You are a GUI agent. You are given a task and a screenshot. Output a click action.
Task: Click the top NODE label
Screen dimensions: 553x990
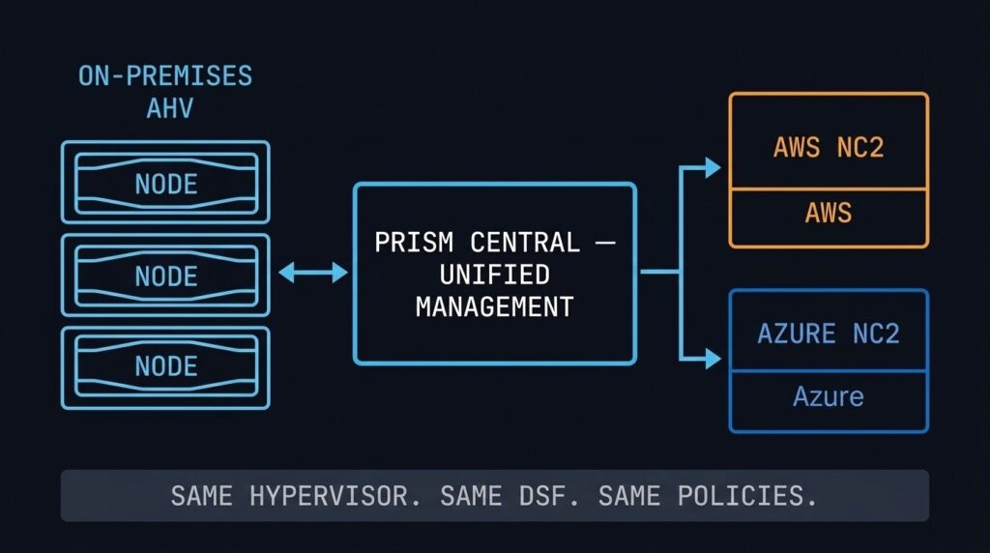[x=165, y=184]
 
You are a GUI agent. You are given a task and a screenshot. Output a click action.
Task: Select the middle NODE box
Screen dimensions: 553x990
[x=165, y=276]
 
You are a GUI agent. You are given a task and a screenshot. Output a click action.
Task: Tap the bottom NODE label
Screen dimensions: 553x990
[x=165, y=366]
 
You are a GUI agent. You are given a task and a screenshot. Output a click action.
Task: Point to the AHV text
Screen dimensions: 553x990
[x=169, y=108]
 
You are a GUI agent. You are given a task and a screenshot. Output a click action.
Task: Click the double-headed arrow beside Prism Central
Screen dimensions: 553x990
[x=312, y=274]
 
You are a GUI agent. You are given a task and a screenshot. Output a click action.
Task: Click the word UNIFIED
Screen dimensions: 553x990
[x=494, y=275]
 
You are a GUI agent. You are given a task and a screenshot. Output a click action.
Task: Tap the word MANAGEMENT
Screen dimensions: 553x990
[x=494, y=307]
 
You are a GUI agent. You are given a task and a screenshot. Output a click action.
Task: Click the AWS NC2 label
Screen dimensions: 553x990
[x=829, y=148]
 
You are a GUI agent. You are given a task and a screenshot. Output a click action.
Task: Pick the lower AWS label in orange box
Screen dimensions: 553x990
[x=829, y=212]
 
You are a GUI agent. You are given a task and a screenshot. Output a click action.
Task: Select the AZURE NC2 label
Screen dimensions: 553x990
[x=829, y=334]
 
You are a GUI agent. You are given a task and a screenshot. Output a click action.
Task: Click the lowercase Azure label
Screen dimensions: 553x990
[x=829, y=396]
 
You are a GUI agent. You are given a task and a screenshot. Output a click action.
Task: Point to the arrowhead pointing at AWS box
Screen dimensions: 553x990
[x=713, y=167]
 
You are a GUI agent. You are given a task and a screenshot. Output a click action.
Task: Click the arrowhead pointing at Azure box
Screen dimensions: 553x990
[x=713, y=360]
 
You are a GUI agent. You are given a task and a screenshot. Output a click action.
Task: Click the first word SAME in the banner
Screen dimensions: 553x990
[x=201, y=496]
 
